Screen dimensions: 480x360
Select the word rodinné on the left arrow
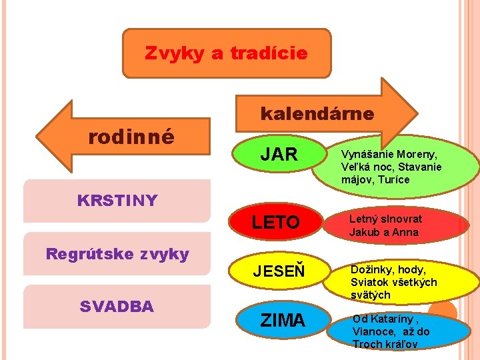click(132, 137)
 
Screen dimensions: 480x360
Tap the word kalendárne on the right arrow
click(317, 113)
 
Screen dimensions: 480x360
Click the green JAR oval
click(279, 155)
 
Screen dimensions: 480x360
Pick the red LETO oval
click(276, 222)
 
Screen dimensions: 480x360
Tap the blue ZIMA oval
click(283, 320)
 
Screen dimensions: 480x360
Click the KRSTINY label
click(117, 200)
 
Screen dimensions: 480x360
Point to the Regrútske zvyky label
click(117, 253)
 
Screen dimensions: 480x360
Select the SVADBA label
click(117, 306)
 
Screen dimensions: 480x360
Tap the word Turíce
click(393, 179)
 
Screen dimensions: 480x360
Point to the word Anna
click(405, 232)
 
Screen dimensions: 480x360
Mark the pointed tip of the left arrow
click(39, 136)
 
